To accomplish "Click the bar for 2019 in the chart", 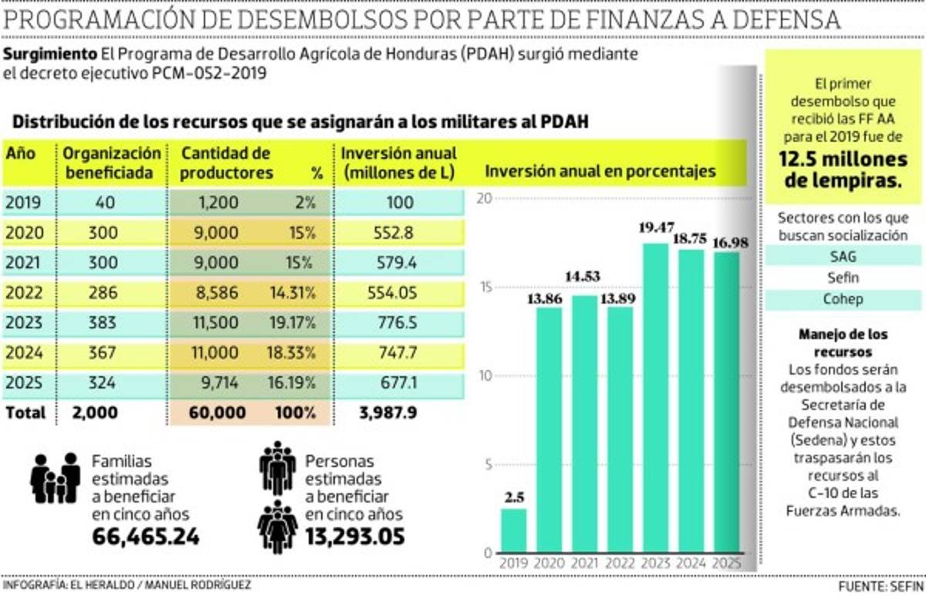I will (x=513, y=530).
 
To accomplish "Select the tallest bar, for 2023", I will (x=655, y=398).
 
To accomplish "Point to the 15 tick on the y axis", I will (x=483, y=287).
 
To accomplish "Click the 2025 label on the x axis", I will (x=726, y=563).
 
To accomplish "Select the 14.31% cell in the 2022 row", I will (x=293, y=293).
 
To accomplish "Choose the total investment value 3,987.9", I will (x=388, y=412).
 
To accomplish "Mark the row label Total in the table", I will (x=25, y=412).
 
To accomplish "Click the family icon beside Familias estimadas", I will (x=56, y=478).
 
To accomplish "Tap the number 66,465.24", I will (x=146, y=536).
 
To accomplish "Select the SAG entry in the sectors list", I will (x=843, y=256).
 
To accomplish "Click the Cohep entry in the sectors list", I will (x=843, y=299).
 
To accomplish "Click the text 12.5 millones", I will (x=843, y=160).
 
